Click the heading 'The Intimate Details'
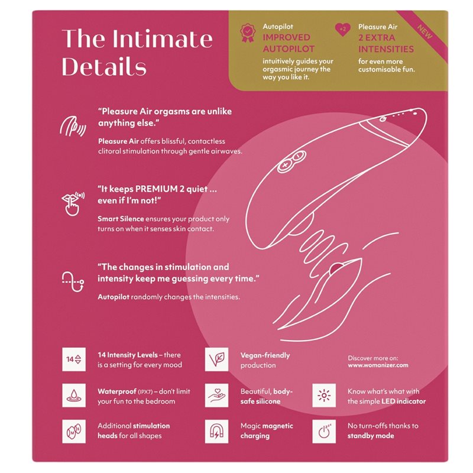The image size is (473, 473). click(x=137, y=52)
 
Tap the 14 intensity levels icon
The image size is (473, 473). click(x=74, y=359)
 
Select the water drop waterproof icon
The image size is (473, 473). click(x=74, y=395)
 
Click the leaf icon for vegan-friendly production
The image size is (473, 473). click(x=216, y=359)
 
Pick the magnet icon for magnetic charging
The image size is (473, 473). click(x=216, y=432)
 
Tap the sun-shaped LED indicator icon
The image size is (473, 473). click(x=324, y=395)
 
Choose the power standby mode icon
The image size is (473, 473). click(x=324, y=432)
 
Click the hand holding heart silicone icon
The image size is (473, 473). click(x=216, y=395)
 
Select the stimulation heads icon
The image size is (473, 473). click(x=74, y=432)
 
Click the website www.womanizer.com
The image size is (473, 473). click(x=378, y=365)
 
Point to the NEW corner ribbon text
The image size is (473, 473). click(x=425, y=32)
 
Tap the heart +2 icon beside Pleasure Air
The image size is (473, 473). click(x=343, y=30)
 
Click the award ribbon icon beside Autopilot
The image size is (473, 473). click(x=247, y=33)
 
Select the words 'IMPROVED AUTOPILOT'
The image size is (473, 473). click(x=289, y=43)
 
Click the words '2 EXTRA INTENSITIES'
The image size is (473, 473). click(x=386, y=43)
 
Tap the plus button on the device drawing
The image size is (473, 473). click(x=285, y=166)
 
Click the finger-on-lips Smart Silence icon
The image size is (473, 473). click(x=73, y=203)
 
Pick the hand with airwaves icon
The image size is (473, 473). click(x=73, y=126)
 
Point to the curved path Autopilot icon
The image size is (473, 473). click(x=73, y=281)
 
